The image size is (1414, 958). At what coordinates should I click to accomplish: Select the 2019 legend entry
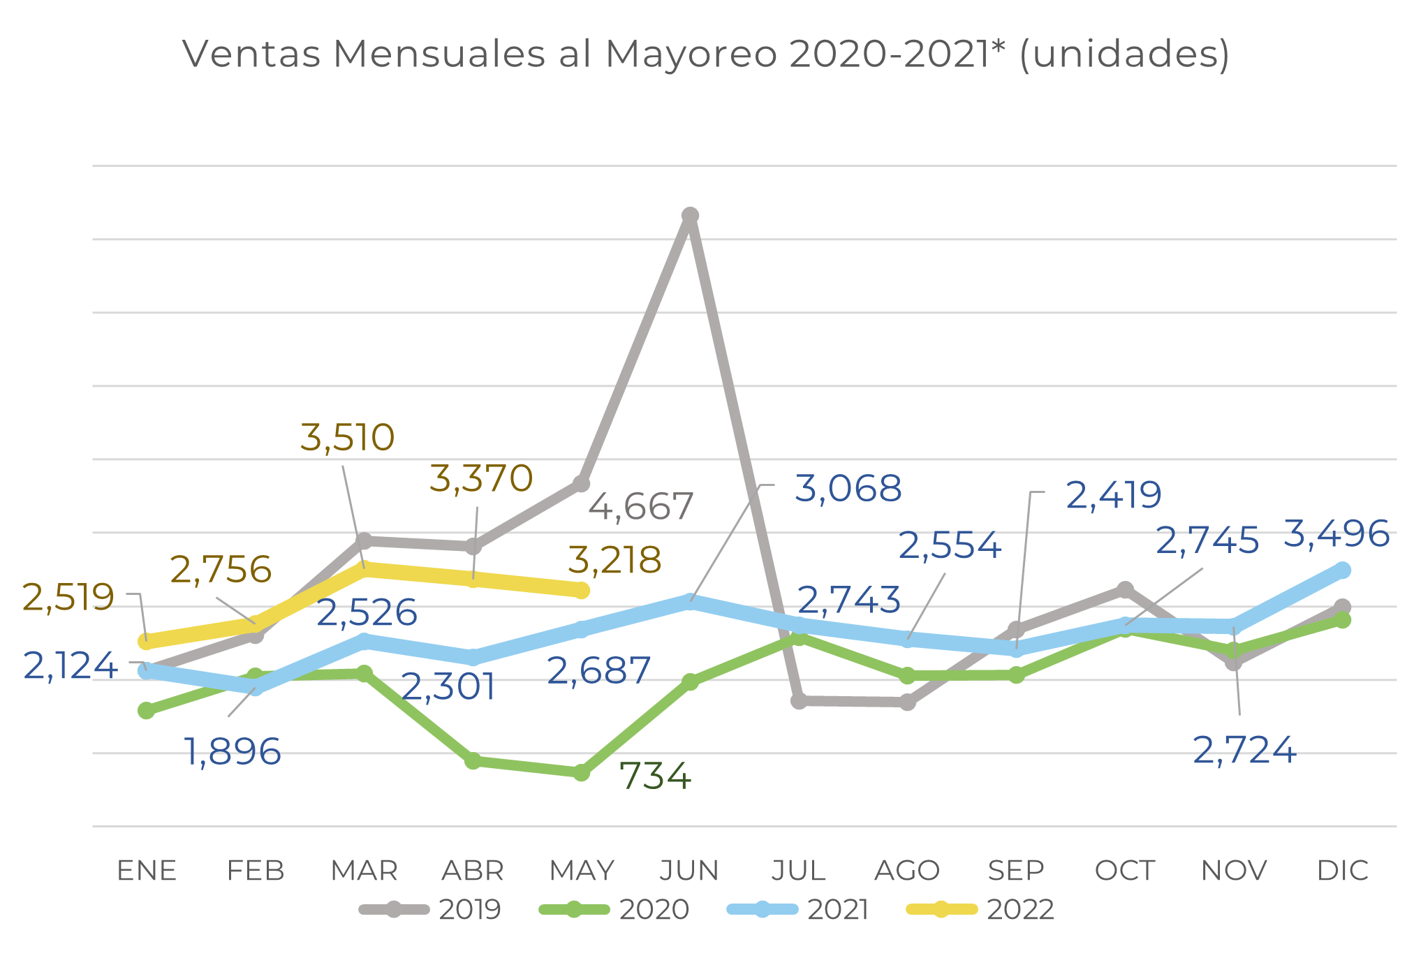(x=430, y=909)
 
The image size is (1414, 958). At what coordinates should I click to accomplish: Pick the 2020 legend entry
(x=614, y=909)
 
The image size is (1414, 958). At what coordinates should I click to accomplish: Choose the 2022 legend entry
(x=980, y=909)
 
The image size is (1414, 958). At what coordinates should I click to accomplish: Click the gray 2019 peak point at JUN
(x=690, y=216)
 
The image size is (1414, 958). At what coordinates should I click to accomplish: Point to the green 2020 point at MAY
(x=581, y=773)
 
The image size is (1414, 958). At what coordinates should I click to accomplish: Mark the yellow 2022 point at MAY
(x=581, y=591)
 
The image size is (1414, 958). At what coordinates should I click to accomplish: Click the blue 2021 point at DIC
(x=1342, y=570)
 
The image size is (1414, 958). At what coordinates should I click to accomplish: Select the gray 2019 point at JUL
(x=799, y=700)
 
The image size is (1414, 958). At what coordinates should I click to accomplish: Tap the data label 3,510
(x=347, y=438)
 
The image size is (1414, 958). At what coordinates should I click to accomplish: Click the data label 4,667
(x=640, y=506)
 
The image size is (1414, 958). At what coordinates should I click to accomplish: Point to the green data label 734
(x=654, y=776)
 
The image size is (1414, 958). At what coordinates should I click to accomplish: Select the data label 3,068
(x=848, y=488)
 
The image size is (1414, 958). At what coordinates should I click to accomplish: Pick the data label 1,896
(x=233, y=752)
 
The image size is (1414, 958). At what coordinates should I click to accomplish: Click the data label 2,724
(x=1244, y=751)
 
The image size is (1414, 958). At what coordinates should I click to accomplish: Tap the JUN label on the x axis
(x=690, y=871)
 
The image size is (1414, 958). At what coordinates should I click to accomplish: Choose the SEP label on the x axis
(x=1016, y=871)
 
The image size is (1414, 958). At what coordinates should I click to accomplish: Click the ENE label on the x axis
(x=147, y=871)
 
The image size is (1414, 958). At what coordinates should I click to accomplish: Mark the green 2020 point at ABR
(x=473, y=760)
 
